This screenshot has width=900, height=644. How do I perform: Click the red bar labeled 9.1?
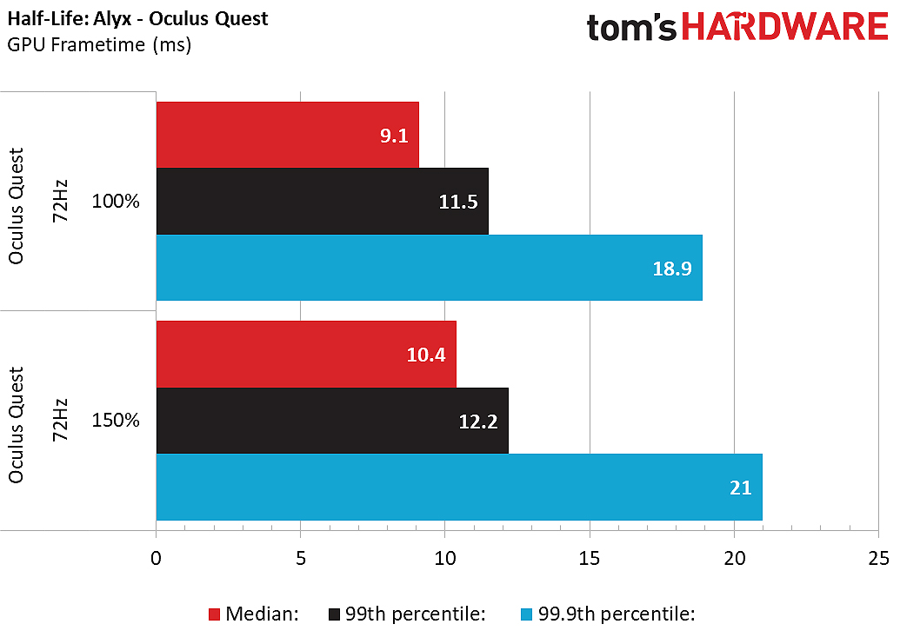287,135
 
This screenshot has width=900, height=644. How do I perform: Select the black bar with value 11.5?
322,201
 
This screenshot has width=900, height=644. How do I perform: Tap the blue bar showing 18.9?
429,268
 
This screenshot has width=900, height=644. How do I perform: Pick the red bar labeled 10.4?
305,354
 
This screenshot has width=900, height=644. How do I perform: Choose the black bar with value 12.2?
331,421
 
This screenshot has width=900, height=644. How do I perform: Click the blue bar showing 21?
458,487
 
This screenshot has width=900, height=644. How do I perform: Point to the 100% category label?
116,202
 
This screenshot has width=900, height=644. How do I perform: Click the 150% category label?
116,421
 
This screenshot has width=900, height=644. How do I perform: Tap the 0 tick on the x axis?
156,557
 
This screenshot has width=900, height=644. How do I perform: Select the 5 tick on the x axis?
300,557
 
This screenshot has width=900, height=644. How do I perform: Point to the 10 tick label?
444,557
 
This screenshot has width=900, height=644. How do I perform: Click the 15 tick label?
590,557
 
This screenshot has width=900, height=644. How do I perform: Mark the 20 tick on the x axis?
734,557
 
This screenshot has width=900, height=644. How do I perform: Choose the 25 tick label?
878,557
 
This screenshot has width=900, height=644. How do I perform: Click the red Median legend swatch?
214,614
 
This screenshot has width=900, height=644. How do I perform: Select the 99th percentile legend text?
414,614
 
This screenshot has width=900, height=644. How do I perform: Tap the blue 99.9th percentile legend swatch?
526,614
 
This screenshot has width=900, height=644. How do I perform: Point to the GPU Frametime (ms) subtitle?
99,43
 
